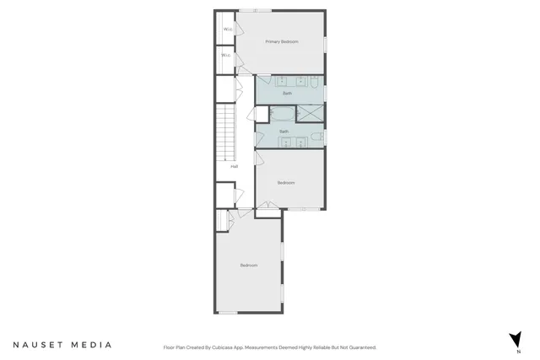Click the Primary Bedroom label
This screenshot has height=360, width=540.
tap(282, 41)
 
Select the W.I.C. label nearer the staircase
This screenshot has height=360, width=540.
tap(225, 56)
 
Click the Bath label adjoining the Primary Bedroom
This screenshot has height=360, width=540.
tap(288, 93)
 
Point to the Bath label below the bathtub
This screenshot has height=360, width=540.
tap(284, 132)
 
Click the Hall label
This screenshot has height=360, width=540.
tap(234, 166)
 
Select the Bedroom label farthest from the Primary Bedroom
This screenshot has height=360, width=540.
tap(248, 266)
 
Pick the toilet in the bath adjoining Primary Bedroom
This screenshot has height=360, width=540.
tap(313, 83)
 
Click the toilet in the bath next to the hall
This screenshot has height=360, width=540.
tap(316, 137)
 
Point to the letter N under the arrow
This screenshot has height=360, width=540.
tap(520, 351)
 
